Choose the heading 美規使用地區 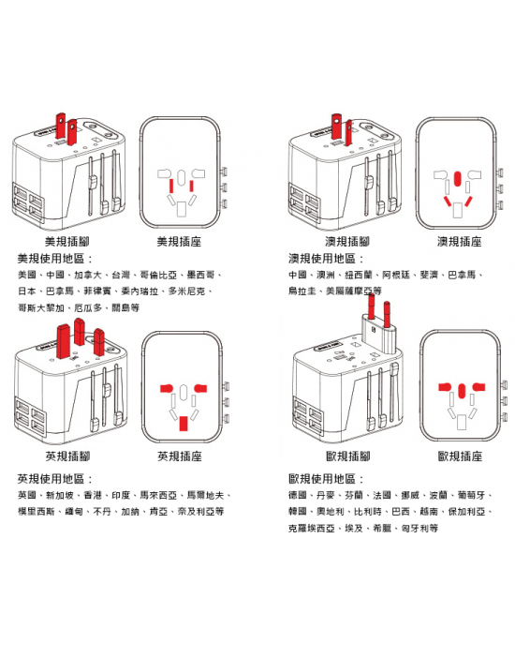pos(55,258)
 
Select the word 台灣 pos(121,276)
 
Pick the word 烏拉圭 pos(302,292)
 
